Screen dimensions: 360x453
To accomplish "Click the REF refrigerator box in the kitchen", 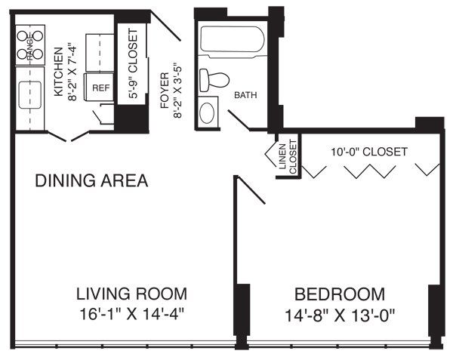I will click(x=100, y=88).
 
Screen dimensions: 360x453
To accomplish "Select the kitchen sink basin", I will click(x=32, y=96).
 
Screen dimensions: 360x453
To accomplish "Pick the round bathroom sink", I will click(x=207, y=112).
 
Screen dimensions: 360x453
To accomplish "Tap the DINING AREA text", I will click(x=91, y=181).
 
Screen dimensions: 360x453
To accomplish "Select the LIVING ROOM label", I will click(x=132, y=294).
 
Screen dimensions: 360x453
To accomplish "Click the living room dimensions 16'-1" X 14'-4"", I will click(x=132, y=312).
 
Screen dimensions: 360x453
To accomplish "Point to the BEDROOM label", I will click(x=339, y=294).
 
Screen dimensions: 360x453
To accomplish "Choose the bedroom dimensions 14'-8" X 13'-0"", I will click(x=339, y=312).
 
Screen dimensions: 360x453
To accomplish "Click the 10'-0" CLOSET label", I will click(x=369, y=152).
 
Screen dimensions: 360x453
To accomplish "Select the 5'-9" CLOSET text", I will click(x=134, y=64).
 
